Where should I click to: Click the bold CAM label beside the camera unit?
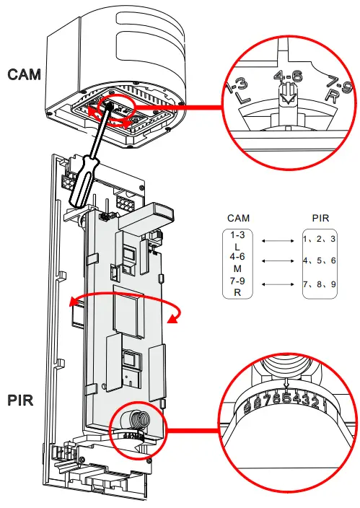click(x=23, y=74)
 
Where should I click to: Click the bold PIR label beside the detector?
click(x=22, y=398)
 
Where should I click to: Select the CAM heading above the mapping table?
click(x=239, y=217)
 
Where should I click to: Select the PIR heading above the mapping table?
click(x=320, y=217)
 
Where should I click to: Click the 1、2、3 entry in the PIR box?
click(x=320, y=237)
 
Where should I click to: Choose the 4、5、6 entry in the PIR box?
click(x=320, y=260)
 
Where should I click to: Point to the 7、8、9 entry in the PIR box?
click(x=320, y=284)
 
